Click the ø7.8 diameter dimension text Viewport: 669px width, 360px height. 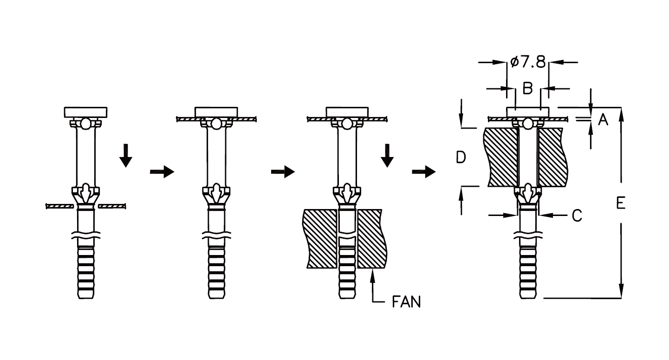tap(528, 62)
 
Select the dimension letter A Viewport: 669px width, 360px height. tap(603, 120)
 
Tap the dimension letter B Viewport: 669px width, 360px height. tap(528, 88)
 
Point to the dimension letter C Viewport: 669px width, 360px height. tap(577, 216)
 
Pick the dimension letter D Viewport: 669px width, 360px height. tap(461, 157)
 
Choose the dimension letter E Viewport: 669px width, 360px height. tap(621, 203)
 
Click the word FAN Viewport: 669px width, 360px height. tap(406, 302)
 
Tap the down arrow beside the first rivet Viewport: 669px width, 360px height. tap(126, 155)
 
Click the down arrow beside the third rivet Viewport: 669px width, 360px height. tap(387, 155)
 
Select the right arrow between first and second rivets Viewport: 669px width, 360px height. tap(162, 171)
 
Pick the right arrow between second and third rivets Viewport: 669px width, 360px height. tap(283, 171)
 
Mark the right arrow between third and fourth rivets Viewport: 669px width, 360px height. tap(424, 171)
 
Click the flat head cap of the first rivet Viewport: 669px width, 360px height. tap(86, 112)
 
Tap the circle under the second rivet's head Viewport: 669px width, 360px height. tap(216, 124)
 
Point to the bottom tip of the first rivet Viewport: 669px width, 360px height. tap(86, 298)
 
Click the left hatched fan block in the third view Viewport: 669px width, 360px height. tap(320, 238)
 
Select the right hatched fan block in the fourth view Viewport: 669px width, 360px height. tap(552, 157)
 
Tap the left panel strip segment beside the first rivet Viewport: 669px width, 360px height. tap(60, 206)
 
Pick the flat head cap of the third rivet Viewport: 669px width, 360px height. tap(347, 112)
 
